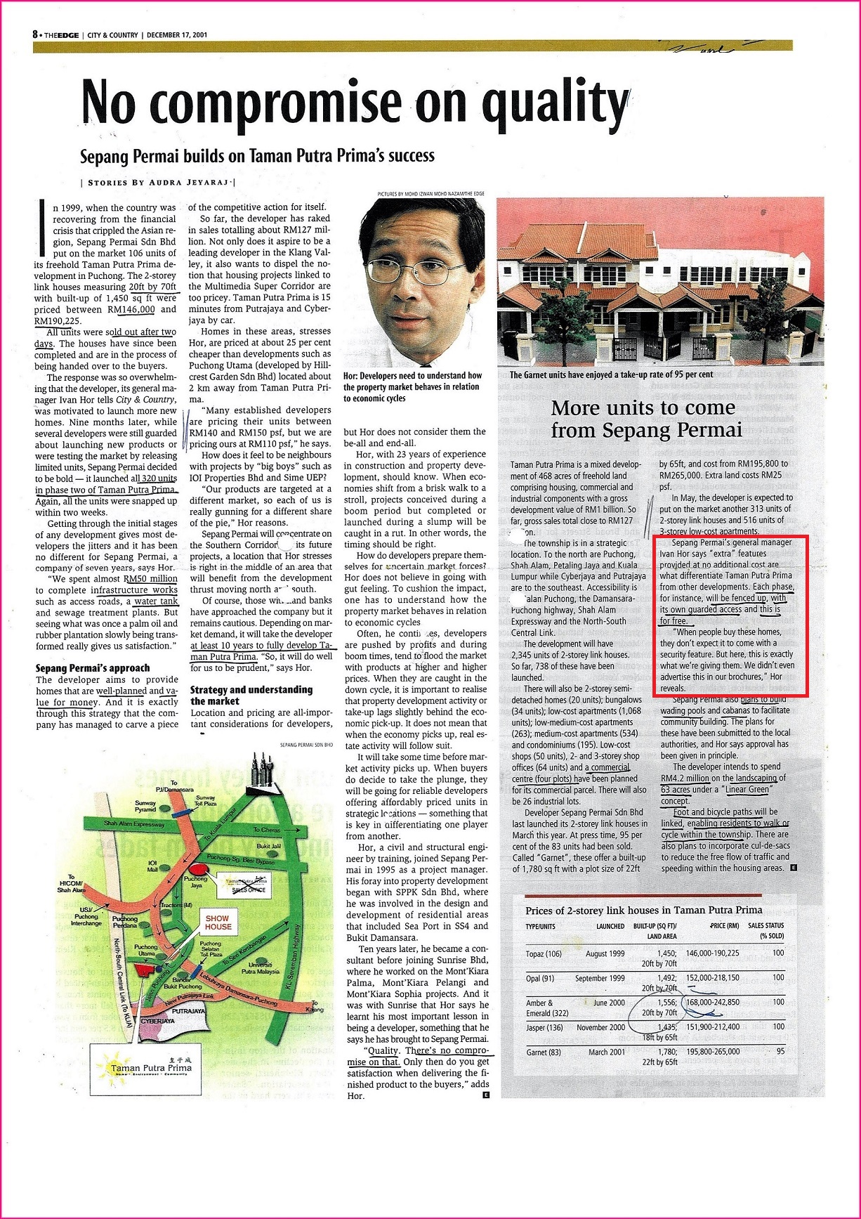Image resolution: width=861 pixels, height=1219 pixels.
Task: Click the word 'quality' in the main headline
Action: pos(556,103)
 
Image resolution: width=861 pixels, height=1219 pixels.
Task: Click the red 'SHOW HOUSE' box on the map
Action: pos(218,922)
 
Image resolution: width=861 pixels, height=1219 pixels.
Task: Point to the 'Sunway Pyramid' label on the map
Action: pos(145,806)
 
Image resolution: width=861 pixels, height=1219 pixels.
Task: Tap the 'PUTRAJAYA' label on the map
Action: pos(188,1011)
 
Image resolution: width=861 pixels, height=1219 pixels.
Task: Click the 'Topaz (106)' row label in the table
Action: pos(544,953)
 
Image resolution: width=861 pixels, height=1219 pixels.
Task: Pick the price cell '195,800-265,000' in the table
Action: pos(711,1052)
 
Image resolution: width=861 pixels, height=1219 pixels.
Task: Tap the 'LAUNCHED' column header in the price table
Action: pos(610,926)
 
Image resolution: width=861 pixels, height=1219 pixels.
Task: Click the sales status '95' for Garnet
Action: pos(780,1052)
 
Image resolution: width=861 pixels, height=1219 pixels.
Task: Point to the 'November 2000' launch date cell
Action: pos(600,1027)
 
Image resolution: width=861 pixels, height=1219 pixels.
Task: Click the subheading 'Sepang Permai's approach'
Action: pos(93,668)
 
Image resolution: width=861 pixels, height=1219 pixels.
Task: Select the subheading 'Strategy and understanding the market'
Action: pos(251,696)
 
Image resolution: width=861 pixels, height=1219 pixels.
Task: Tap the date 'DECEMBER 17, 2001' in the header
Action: pos(177,34)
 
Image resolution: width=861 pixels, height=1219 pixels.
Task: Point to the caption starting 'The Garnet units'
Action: pos(611,374)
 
